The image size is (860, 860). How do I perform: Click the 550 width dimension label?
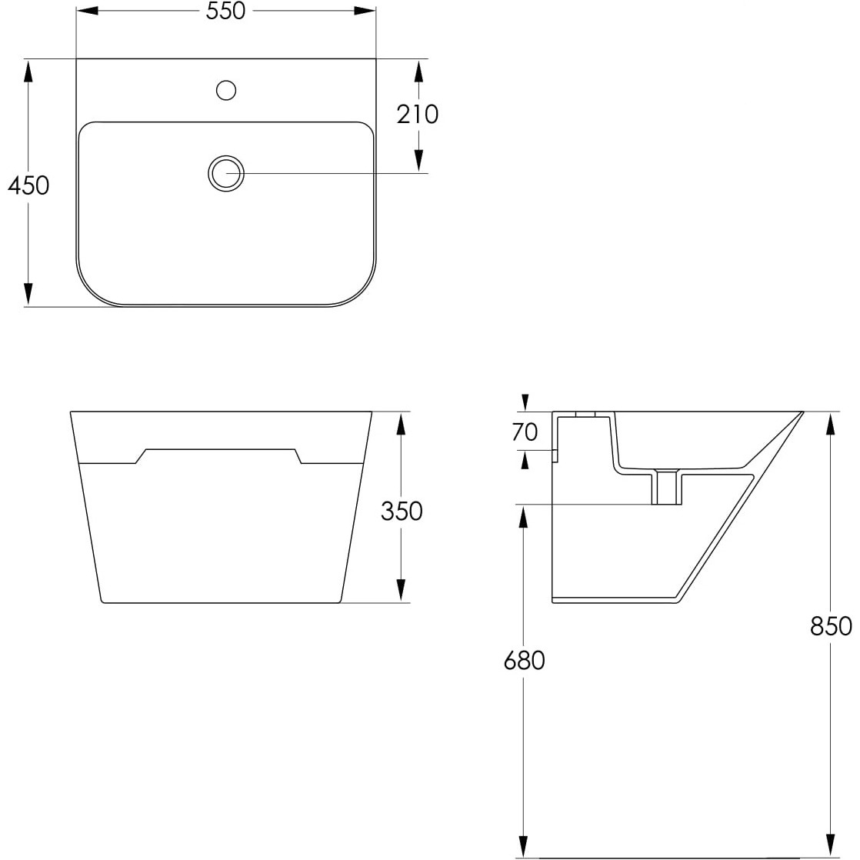(x=225, y=11)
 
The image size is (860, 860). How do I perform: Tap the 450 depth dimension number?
(x=28, y=185)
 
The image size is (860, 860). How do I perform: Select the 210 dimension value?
(x=418, y=114)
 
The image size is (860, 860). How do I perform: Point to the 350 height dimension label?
(x=402, y=512)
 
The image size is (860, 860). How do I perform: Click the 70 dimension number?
(x=525, y=432)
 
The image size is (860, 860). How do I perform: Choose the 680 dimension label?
(x=524, y=660)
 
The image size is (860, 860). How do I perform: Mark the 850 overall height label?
(x=831, y=626)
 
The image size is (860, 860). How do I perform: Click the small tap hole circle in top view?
(x=226, y=90)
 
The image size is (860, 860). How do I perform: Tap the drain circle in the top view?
(x=226, y=173)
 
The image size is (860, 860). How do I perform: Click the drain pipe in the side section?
(x=666, y=488)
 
